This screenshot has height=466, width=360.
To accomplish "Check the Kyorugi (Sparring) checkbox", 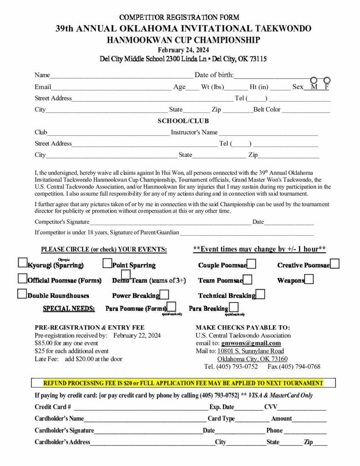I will [22, 263].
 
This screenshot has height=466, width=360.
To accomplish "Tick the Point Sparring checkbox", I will [107, 263].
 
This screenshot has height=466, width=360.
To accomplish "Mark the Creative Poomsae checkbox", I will [335, 263].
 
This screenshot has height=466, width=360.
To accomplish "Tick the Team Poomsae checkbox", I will [248, 279].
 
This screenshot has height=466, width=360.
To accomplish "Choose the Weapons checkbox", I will [309, 279].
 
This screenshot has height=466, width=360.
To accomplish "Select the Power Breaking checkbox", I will [164, 294].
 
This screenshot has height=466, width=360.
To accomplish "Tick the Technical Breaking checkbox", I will [260, 294].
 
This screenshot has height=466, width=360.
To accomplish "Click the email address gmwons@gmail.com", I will [251, 343].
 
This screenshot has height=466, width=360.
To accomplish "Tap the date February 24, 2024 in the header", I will [183, 50].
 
